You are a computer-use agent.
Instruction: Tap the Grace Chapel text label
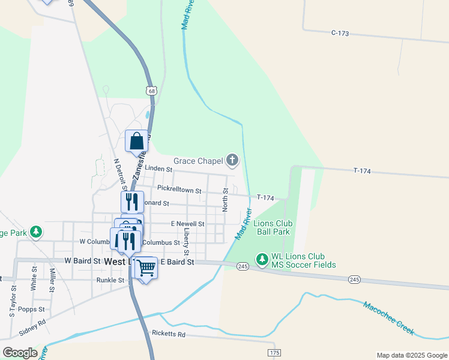tap(197, 161)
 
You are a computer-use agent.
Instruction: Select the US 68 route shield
tap(151, 91)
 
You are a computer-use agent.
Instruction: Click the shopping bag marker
tap(136, 141)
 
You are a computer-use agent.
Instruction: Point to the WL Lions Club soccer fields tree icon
tap(262, 259)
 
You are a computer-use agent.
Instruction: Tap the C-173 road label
tap(339, 33)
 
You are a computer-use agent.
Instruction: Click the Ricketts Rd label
tap(169, 334)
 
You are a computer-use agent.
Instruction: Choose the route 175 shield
tap(274, 352)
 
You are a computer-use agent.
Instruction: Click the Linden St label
tap(158, 169)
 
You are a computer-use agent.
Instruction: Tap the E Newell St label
tap(187, 224)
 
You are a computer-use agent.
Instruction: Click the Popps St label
tap(31, 309)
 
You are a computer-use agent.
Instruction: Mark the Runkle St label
tap(110, 280)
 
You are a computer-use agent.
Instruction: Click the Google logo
tap(20, 352)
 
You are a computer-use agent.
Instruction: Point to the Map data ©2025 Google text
tap(411, 355)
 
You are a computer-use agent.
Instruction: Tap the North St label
tap(226, 199)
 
